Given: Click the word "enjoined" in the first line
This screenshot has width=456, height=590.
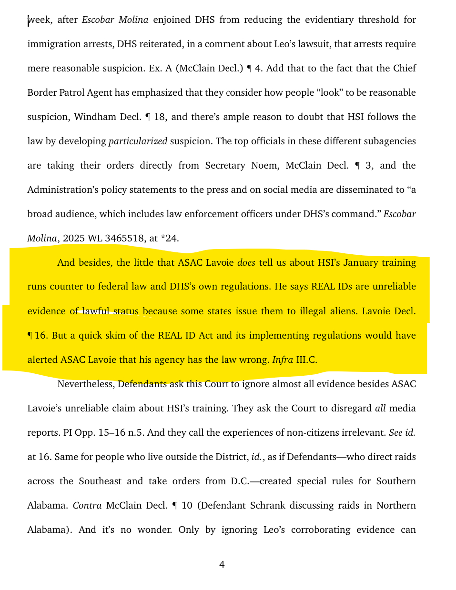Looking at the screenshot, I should coord(172,20).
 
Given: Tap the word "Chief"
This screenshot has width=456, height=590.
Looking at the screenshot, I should coord(405,69).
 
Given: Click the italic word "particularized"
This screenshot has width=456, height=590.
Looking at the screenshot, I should coord(138,141).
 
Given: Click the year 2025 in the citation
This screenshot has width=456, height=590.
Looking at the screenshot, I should coord(73,239).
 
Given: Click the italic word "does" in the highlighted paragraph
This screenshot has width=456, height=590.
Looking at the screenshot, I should coord(246,263).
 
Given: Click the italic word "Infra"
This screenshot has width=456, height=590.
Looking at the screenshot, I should coord(282,360).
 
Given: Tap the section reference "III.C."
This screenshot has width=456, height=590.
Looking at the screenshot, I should coord(306,360).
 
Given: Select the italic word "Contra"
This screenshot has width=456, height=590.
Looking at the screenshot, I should coord(87,506).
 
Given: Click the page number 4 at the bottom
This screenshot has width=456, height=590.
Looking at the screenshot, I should coord(222,565).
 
